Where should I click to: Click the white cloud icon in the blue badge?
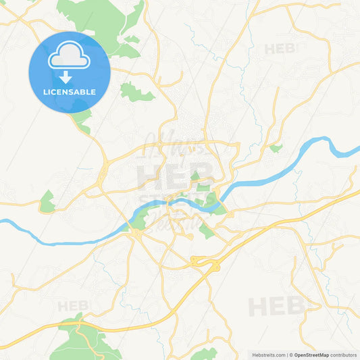pyautogui.click(x=69, y=57)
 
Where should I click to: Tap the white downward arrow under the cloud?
pyautogui.click(x=66, y=77)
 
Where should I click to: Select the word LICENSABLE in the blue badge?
pyautogui.click(x=69, y=92)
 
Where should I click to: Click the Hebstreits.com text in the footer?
pyautogui.click(x=269, y=355)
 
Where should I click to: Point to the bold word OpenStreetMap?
pyautogui.click(x=311, y=355)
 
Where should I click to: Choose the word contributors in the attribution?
pyautogui.click(x=344, y=355)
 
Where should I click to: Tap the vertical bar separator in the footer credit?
pyautogui.click(x=286, y=355)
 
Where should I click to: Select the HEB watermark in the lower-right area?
pyautogui.click(x=277, y=307)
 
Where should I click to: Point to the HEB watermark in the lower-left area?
pyautogui.click(x=73, y=306)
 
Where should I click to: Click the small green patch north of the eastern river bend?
pyautogui.click(x=276, y=148)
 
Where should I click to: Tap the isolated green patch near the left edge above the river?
pyautogui.click(x=47, y=201)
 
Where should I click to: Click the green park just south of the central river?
pyautogui.click(x=206, y=231)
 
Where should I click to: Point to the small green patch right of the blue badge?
pyautogui.click(x=135, y=92)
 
